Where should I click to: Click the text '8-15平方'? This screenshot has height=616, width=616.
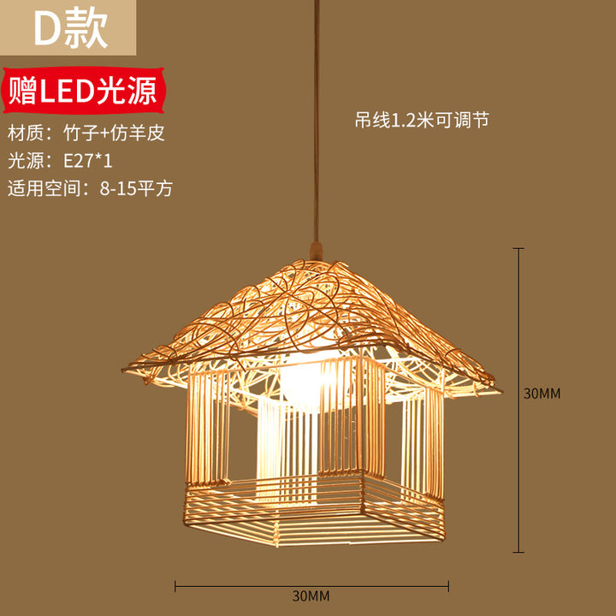(136, 189)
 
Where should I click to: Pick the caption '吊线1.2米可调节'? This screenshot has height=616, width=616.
(422, 121)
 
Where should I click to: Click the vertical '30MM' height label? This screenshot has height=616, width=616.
(542, 394)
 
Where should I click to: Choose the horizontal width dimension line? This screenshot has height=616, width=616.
(312, 586)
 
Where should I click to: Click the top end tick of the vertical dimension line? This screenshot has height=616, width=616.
(518, 248)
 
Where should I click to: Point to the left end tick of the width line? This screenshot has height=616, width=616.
(175, 586)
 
